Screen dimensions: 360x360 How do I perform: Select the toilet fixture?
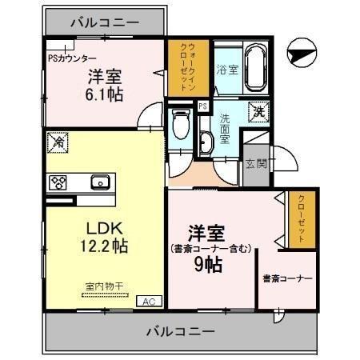coord(180,126)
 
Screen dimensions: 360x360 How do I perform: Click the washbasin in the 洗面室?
coord(206,142)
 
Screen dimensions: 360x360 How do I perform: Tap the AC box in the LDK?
coord(148,301)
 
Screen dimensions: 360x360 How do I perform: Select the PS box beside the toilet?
coord(202,106)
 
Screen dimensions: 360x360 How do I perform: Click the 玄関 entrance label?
coord(256,164)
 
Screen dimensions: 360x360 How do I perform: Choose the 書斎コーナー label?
coord(285,279)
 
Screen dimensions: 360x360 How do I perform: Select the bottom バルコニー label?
coord(181,330)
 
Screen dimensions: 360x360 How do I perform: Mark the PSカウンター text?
coord(74,58)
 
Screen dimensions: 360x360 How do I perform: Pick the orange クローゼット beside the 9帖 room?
coord(303,218)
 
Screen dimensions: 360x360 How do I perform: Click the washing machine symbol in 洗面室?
coord(259,112)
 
